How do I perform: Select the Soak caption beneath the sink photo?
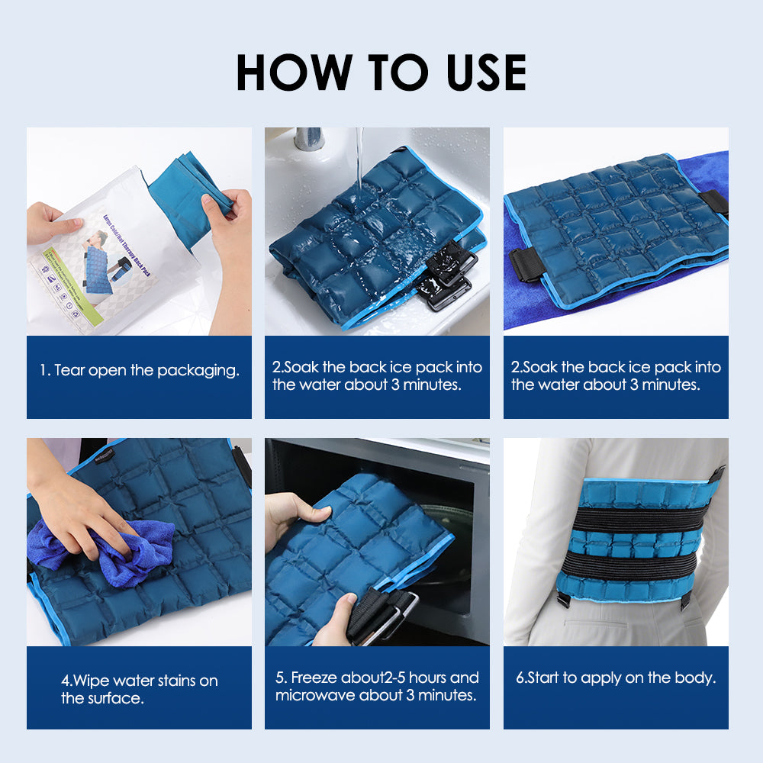(x=377, y=376)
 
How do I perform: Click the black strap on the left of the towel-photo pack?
(x=526, y=264)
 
